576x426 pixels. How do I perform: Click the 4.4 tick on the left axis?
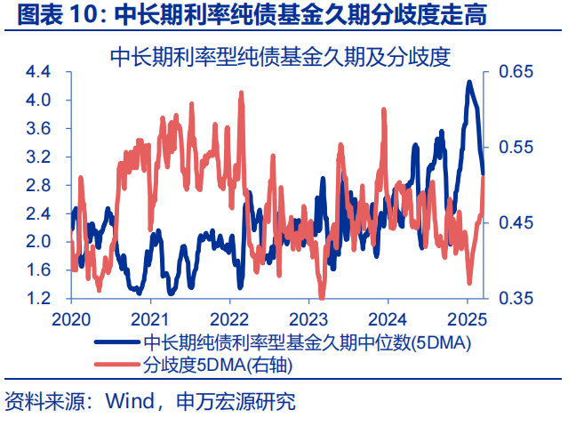(x=38, y=72)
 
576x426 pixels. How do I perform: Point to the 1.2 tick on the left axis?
(x=38, y=298)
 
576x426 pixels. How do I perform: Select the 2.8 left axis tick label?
(x=38, y=185)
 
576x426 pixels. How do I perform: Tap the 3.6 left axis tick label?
(x=38, y=129)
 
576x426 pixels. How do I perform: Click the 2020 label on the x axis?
(x=70, y=319)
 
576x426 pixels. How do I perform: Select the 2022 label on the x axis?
(x=229, y=319)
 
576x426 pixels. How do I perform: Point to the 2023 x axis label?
(x=309, y=319)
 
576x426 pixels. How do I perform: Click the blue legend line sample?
(x=115, y=342)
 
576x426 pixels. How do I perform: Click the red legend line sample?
(x=115, y=364)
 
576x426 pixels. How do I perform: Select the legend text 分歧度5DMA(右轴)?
(x=218, y=364)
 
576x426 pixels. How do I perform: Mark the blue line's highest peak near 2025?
(x=469, y=82)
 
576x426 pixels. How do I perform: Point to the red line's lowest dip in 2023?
(x=322, y=297)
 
